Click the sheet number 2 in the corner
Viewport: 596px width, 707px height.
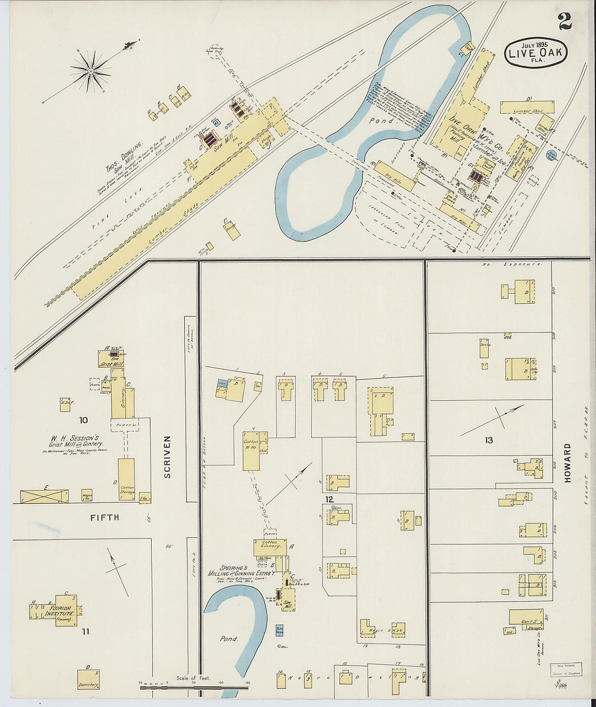pyautogui.click(x=565, y=21)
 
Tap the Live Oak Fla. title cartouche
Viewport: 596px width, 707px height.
pyautogui.click(x=535, y=53)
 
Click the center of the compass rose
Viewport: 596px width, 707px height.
pyautogui.click(x=91, y=71)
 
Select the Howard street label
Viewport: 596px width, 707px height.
pyautogui.click(x=568, y=463)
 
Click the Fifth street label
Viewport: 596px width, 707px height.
pyautogui.click(x=105, y=517)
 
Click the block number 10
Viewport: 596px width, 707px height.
pyautogui.click(x=83, y=420)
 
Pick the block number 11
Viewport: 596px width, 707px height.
pyautogui.click(x=86, y=631)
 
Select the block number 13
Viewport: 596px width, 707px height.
pyautogui.click(x=489, y=440)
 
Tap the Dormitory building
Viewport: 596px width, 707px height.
pyautogui.click(x=88, y=679)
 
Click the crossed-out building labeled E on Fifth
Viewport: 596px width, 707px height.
pyautogui.click(x=44, y=496)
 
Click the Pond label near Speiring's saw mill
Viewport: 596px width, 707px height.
pyautogui.click(x=229, y=639)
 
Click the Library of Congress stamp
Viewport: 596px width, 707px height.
pyautogui.click(x=566, y=670)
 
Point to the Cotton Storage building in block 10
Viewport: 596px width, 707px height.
pyautogui.click(x=126, y=479)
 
